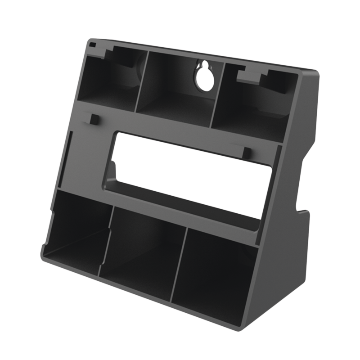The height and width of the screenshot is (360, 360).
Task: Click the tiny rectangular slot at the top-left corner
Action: [x=92, y=45]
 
